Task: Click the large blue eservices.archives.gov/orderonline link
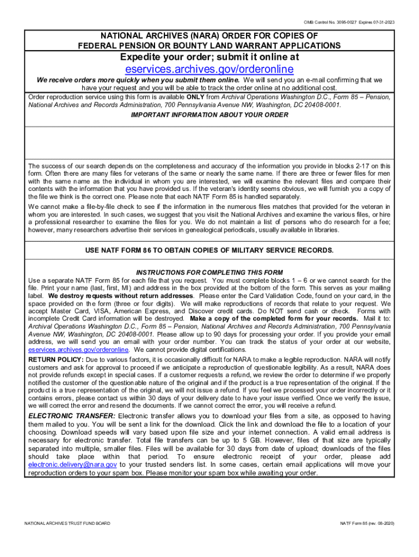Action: [x=209, y=69]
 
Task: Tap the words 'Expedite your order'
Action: [x=158, y=57]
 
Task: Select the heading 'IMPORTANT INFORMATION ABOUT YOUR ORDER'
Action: [x=209, y=115]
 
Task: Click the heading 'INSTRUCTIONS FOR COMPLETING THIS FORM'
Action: [x=209, y=273]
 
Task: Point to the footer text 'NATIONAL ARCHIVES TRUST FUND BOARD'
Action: [x=67, y=523]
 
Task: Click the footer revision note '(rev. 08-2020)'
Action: [x=381, y=523]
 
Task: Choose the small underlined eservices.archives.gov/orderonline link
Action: [x=78, y=349]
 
